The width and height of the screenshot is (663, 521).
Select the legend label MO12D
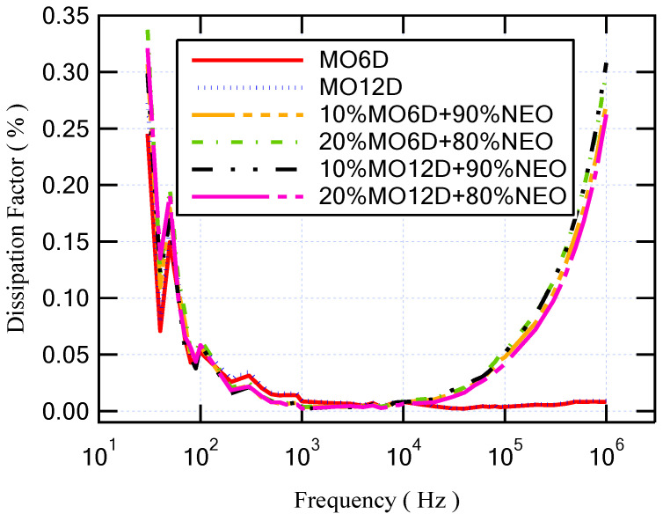tap(365, 88)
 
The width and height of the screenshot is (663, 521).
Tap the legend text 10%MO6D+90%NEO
tap(437, 114)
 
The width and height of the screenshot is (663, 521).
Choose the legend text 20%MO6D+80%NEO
tap(437, 142)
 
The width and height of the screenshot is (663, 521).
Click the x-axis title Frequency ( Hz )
tap(376, 502)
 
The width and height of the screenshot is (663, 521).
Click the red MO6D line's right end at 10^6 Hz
tap(605, 402)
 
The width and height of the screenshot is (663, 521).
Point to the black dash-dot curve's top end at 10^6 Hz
tap(606, 64)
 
